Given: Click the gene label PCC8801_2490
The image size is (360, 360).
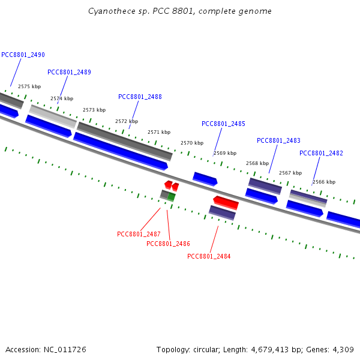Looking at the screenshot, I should [23, 55].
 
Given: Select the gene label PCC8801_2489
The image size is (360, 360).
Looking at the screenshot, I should [69, 72].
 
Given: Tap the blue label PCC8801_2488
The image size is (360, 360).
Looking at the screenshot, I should [140, 97].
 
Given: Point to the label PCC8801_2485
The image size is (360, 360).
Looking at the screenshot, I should [223, 124].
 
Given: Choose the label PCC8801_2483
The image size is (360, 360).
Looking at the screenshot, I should [278, 140].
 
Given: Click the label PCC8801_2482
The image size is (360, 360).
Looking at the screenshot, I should [321, 153].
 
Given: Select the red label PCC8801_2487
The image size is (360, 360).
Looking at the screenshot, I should [139, 234].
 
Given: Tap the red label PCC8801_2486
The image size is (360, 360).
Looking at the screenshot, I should [168, 244].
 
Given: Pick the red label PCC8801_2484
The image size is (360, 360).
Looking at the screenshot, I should [209, 256].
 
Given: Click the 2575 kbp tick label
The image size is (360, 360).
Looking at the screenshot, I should [29, 86].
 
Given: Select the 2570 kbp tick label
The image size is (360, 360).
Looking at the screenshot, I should [192, 143].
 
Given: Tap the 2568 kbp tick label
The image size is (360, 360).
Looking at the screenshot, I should [257, 163].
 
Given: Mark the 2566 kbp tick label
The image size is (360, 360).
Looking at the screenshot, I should [324, 182].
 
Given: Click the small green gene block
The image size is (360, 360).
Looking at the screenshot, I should [172, 196].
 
